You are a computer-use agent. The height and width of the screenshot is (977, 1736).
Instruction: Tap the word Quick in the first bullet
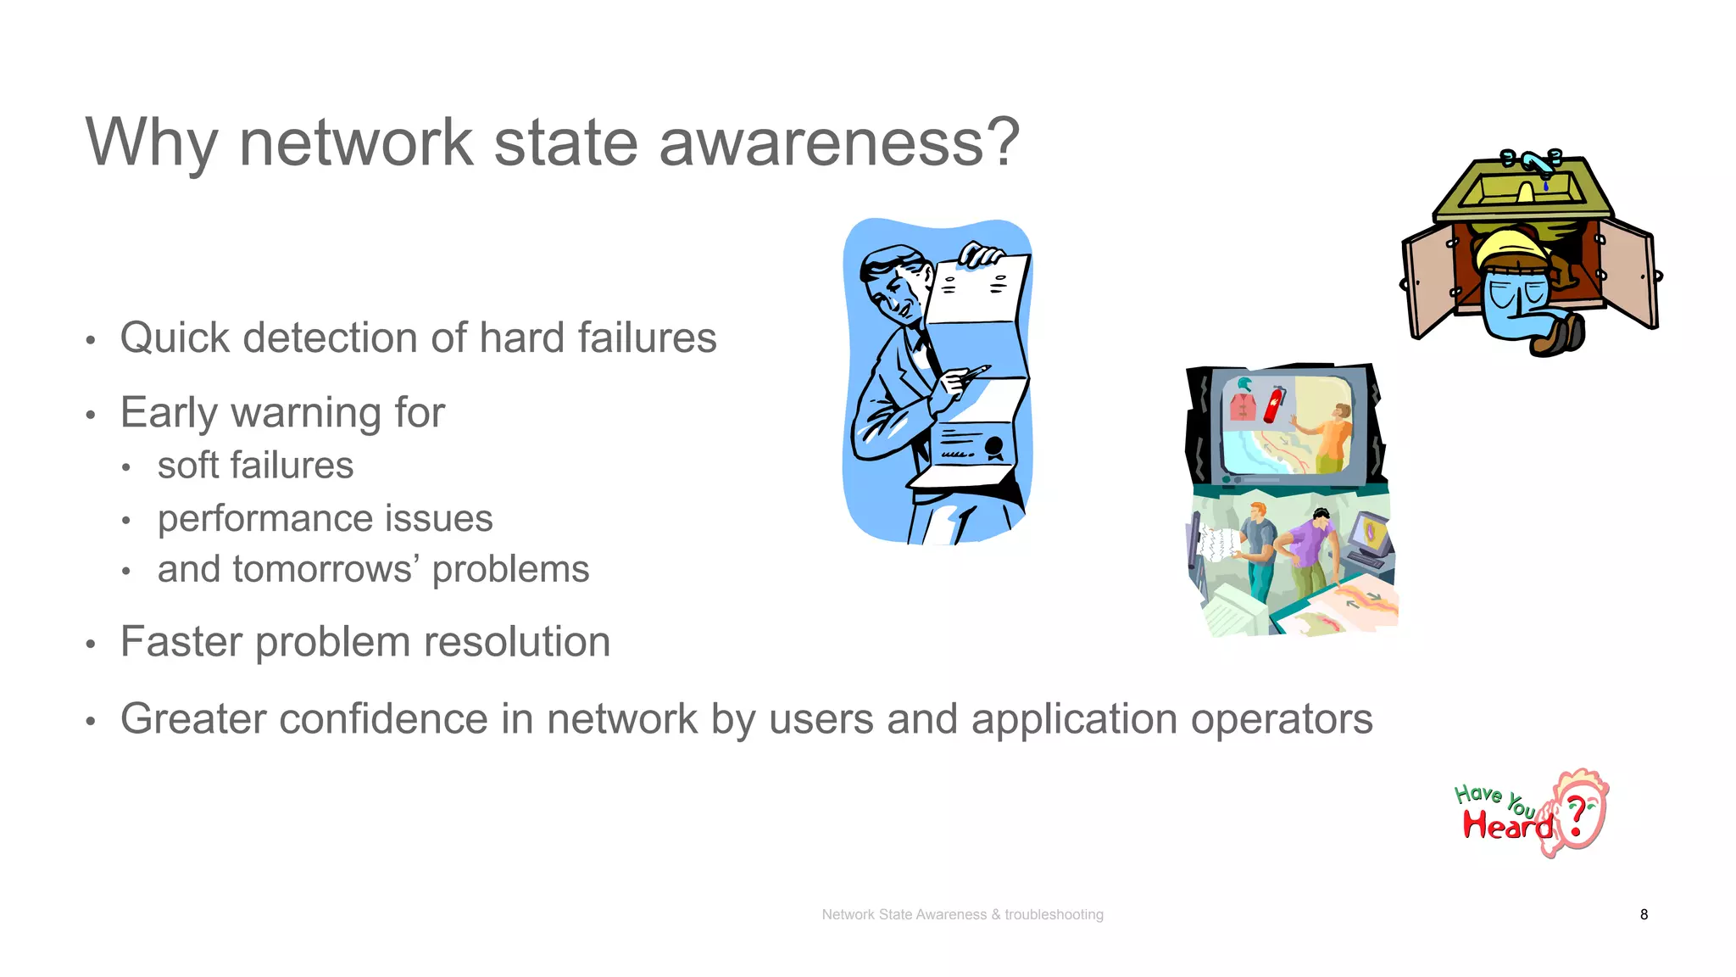[175, 338]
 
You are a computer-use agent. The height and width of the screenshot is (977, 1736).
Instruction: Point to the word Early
[169, 413]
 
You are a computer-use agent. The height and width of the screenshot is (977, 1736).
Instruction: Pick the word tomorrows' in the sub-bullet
[327, 570]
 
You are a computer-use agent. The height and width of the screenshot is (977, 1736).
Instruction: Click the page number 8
[1644, 914]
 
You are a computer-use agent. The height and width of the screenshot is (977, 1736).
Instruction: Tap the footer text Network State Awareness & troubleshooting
[962, 914]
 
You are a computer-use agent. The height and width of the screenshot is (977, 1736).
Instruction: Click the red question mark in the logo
[1577, 817]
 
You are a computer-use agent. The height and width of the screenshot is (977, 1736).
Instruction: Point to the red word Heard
[1507, 824]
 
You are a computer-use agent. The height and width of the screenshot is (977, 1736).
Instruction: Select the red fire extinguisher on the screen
[1273, 405]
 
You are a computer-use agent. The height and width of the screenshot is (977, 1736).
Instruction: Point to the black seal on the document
[993, 447]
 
